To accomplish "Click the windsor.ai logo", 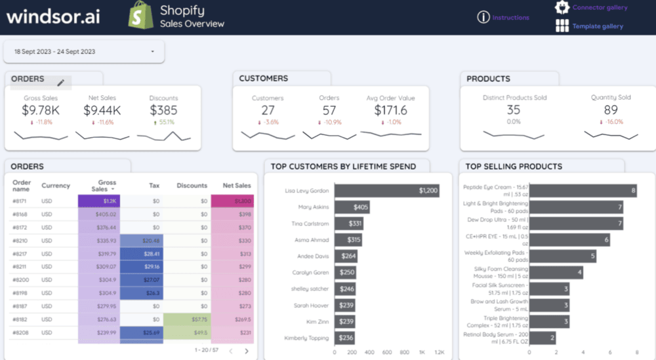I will (x=53, y=16).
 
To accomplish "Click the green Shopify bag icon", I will (x=140, y=15).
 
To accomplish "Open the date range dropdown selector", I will (x=84, y=51).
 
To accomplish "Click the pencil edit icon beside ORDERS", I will (x=61, y=83).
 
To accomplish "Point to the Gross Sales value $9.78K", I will (x=41, y=110).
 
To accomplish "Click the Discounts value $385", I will (x=163, y=110).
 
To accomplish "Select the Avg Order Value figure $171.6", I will (x=391, y=110).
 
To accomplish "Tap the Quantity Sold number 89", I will (x=611, y=110).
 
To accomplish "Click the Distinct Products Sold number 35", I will (x=514, y=110).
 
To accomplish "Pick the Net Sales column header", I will (x=237, y=186).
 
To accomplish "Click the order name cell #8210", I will (x=20, y=241).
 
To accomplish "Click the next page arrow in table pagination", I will (x=247, y=351).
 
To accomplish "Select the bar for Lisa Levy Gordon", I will (x=386, y=191).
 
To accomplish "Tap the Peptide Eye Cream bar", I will (x=583, y=191).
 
